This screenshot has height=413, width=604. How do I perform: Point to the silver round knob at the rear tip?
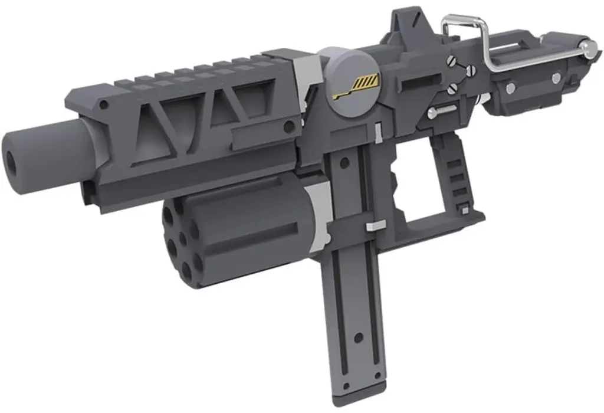pyautogui.click(x=587, y=47)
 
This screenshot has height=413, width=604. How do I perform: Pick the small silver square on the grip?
pyautogui.click(x=465, y=210)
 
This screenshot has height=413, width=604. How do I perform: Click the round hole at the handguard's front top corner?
pyautogui.click(x=104, y=104)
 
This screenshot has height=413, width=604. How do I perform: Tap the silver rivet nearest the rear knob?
pyautogui.click(x=556, y=78)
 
